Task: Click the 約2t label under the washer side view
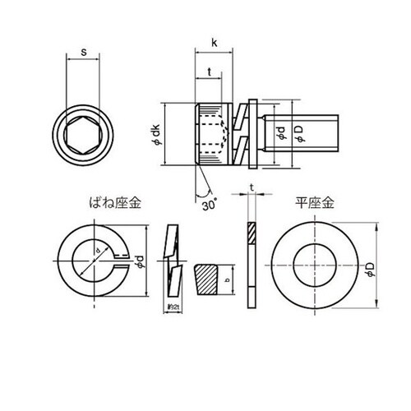pos(172,307)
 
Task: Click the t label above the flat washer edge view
pos(249,188)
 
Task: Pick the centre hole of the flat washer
pos(315,263)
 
